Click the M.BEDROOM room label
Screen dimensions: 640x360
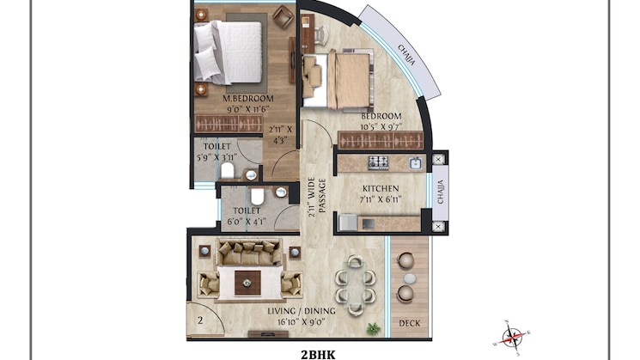[247, 98]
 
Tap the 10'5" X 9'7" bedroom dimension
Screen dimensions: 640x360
[381, 126]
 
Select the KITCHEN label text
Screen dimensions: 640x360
[381, 189]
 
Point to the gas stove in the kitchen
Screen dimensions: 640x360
[378, 163]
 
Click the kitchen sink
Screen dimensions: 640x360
[415, 163]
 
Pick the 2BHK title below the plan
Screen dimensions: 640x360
[318, 355]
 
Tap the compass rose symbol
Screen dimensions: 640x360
[512, 338]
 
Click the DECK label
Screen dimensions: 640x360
[410, 323]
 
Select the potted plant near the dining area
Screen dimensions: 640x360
[373, 328]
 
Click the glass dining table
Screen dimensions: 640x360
[355, 285]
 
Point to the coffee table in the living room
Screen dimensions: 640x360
[247, 283]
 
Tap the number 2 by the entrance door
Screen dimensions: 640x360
[200, 320]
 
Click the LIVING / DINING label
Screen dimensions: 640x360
[302, 311]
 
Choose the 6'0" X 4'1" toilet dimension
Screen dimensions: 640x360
[247, 221]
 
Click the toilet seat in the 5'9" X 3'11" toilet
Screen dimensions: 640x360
[228, 171]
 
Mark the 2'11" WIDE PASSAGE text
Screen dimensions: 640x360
[317, 197]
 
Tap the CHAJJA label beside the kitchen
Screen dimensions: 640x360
[441, 192]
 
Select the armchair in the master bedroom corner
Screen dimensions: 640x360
[283, 17]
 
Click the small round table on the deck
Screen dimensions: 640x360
[410, 278]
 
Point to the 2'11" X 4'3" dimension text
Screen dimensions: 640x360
[280, 135]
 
